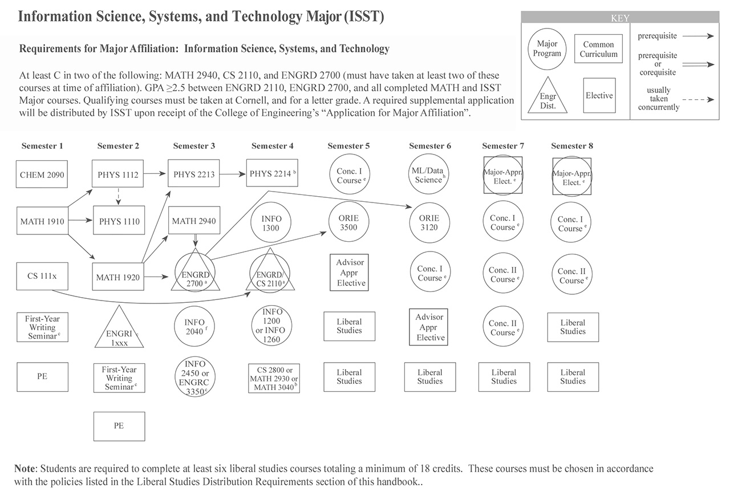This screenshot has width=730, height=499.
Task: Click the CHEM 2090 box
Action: click(x=42, y=175)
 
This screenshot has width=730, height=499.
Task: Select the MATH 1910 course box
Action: click(x=42, y=221)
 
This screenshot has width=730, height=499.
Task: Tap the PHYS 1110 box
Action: click(x=119, y=221)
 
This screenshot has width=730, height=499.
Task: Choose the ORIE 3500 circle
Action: click(x=348, y=223)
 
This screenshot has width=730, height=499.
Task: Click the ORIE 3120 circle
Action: click(x=429, y=223)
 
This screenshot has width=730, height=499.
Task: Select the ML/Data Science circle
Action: click(x=429, y=175)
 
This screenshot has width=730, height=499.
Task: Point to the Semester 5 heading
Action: click(x=348, y=146)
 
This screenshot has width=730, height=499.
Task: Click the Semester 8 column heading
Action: click(x=572, y=146)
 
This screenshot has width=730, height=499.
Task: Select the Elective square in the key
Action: click(x=599, y=96)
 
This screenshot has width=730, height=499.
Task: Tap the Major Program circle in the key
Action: click(x=547, y=49)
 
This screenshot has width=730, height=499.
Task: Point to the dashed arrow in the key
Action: click(x=699, y=99)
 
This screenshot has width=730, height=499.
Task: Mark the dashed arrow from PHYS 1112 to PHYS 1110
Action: click(x=119, y=197)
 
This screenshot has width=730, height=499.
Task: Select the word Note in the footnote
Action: click(x=26, y=469)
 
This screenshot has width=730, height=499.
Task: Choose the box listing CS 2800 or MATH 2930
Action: click(x=274, y=378)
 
